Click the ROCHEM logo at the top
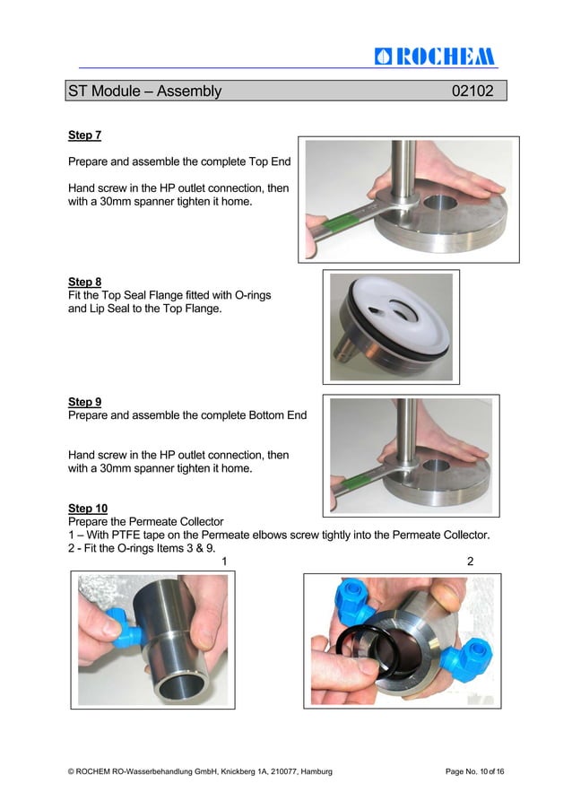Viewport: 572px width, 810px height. click(x=435, y=57)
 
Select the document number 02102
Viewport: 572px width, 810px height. click(x=472, y=91)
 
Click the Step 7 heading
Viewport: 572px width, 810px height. click(x=84, y=135)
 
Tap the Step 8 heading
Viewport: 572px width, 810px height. click(x=84, y=282)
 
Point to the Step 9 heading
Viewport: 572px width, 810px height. click(x=84, y=402)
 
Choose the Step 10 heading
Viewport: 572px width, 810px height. click(x=88, y=509)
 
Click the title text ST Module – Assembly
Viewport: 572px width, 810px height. click(x=145, y=91)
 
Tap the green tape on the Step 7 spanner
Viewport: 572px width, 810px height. click(x=335, y=223)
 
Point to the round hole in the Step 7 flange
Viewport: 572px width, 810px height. click(x=440, y=203)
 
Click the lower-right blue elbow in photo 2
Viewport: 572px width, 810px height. click(x=466, y=658)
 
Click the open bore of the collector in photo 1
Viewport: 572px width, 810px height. click(x=184, y=688)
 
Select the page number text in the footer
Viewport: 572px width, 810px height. click(x=474, y=771)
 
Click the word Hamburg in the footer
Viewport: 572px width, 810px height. click(x=316, y=771)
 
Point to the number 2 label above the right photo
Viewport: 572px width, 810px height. click(x=471, y=561)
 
